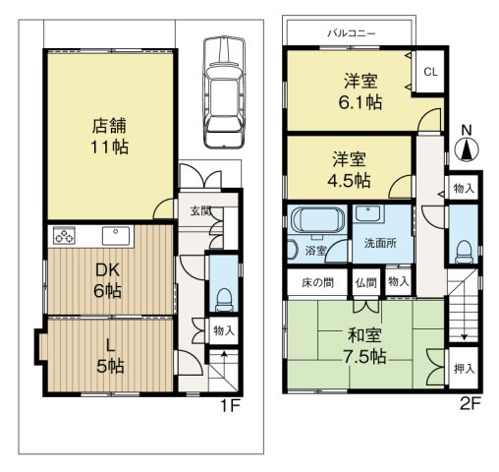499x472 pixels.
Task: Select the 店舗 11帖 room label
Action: [109, 137]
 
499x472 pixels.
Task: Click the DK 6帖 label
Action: [107, 281]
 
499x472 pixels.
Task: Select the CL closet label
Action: [429, 71]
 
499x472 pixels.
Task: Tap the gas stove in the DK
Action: [65, 236]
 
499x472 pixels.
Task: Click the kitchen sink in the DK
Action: [112, 236]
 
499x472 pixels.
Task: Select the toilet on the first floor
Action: [223, 295]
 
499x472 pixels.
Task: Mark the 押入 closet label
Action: [464, 369]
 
